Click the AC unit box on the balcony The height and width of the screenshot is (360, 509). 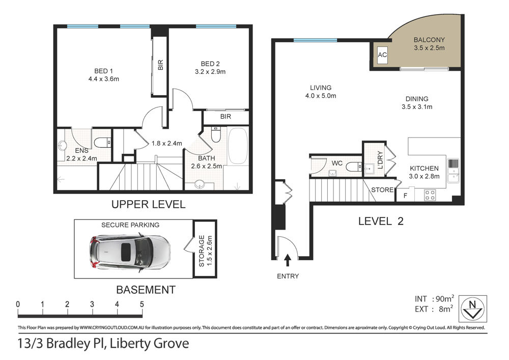[382, 54]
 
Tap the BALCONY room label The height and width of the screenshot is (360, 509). [429, 40]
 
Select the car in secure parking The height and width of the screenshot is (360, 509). [129, 252]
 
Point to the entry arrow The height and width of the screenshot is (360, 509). [287, 261]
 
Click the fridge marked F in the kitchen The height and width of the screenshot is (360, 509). [406, 195]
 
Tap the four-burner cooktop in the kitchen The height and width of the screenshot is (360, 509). [430, 196]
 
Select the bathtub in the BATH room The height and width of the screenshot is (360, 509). [238, 146]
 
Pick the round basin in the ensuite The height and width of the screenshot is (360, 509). [62, 146]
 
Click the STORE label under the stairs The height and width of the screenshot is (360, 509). [382, 189]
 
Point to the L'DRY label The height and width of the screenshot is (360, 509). [380, 160]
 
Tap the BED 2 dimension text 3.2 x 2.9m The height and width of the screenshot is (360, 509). [210, 72]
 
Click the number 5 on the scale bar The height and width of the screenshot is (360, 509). [142, 304]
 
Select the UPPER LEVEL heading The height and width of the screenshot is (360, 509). [148, 204]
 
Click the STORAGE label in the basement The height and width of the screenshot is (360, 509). [202, 251]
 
